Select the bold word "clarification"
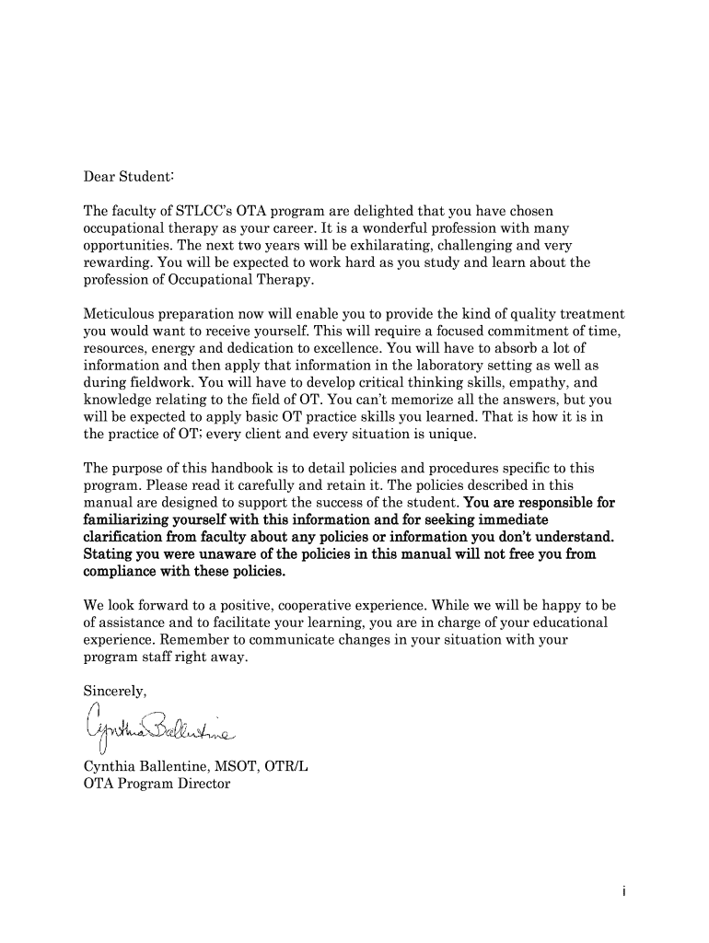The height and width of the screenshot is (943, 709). click(x=126, y=537)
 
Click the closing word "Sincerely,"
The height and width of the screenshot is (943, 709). click(x=115, y=692)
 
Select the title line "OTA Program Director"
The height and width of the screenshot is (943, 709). click(x=157, y=785)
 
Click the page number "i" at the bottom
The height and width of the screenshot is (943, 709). click(x=624, y=892)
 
